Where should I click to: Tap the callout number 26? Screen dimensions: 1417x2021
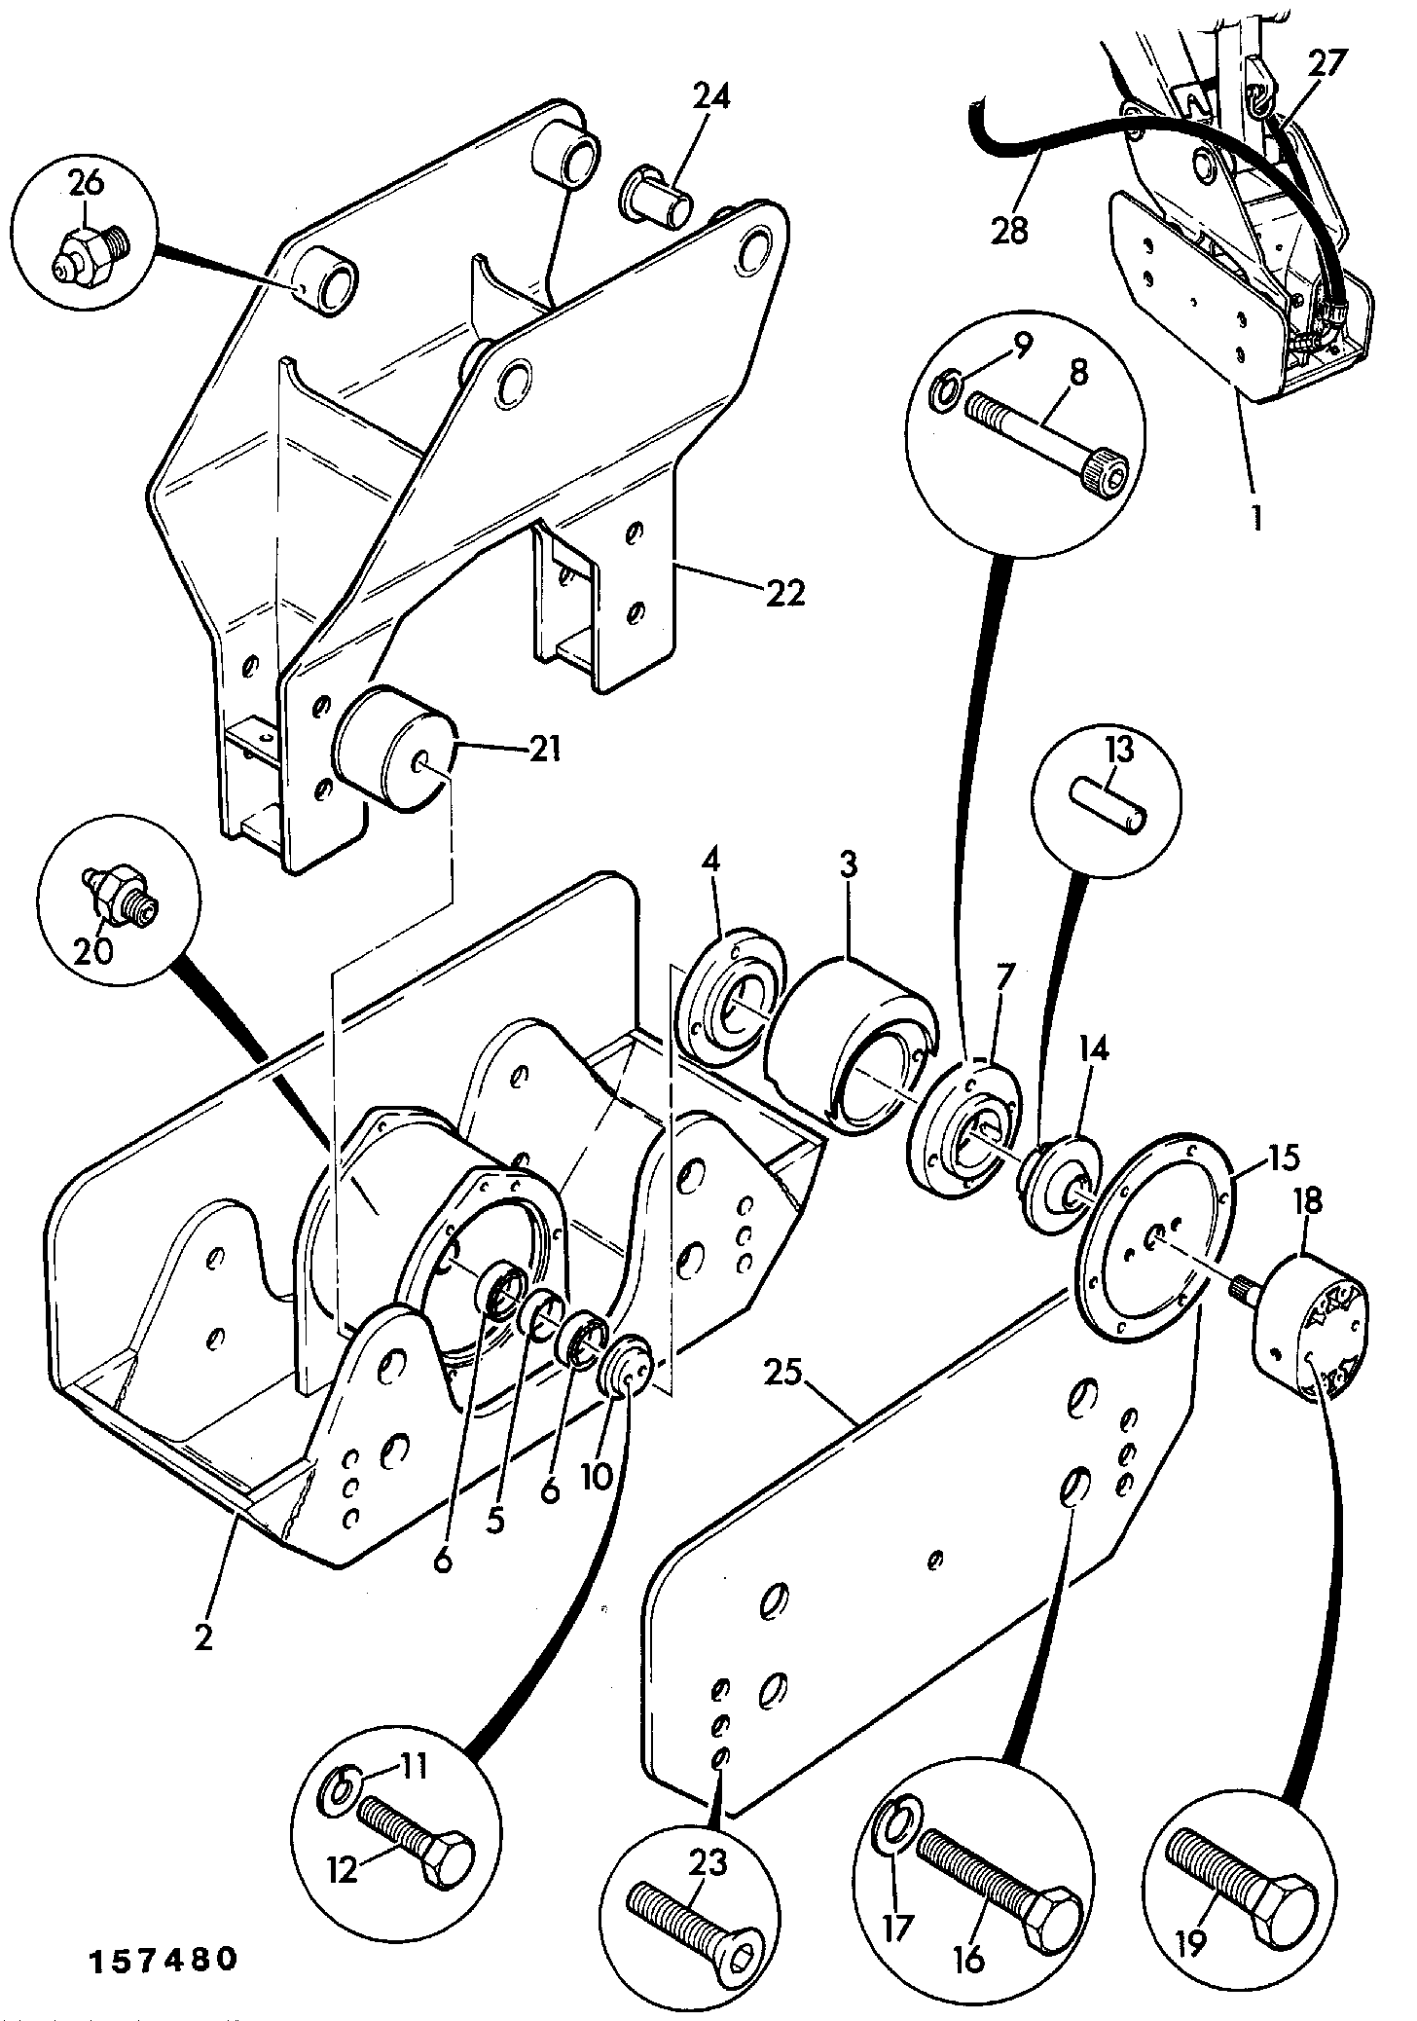(x=87, y=182)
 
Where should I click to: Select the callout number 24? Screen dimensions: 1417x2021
(x=712, y=96)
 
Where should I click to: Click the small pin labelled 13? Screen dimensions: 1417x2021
(x=1109, y=803)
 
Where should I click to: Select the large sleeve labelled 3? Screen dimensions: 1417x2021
(x=849, y=1044)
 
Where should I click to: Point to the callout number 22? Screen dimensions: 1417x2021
(x=786, y=593)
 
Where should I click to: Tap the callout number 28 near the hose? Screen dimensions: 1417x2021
(x=1012, y=231)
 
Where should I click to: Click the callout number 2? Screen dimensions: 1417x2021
(x=203, y=1638)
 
